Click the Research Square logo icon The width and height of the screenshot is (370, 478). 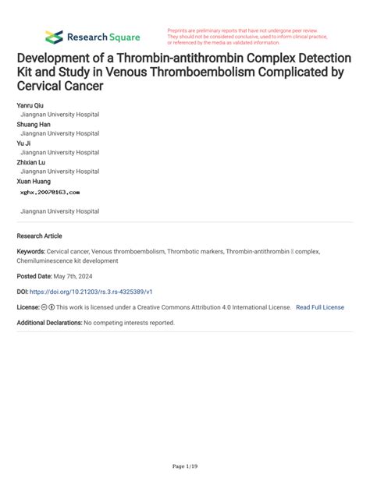pos(53,37)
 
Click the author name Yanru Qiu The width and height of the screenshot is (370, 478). pos(31,104)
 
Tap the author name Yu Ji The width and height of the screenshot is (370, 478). pos(25,143)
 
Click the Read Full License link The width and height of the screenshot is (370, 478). pos(319,307)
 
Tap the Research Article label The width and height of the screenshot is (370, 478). pos(39,235)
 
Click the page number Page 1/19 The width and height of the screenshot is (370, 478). pos(184,466)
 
